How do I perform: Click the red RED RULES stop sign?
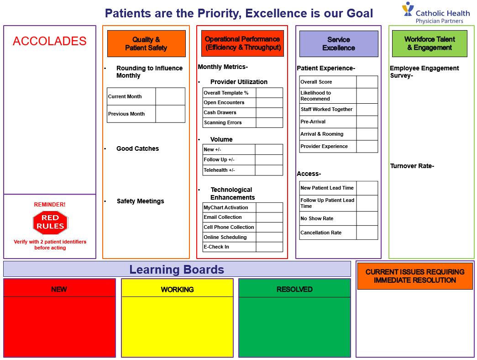50,222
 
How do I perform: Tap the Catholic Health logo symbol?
408,10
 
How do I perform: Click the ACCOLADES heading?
49,41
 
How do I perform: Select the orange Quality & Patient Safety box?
146,43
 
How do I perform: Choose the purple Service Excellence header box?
338,44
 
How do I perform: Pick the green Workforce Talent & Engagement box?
429,43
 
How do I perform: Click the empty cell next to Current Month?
170,96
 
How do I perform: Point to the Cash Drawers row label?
220,112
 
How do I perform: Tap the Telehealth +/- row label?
219,170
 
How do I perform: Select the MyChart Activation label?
226,207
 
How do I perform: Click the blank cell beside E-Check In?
269,247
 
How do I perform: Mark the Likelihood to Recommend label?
316,95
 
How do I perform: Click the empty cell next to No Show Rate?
367,218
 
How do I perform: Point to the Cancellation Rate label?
321,233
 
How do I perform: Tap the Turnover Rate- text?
412,166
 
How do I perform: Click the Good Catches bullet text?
137,148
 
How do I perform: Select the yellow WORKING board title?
177,289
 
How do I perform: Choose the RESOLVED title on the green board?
294,289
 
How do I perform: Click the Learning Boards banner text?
177,270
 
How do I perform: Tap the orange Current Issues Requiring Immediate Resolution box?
414,275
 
